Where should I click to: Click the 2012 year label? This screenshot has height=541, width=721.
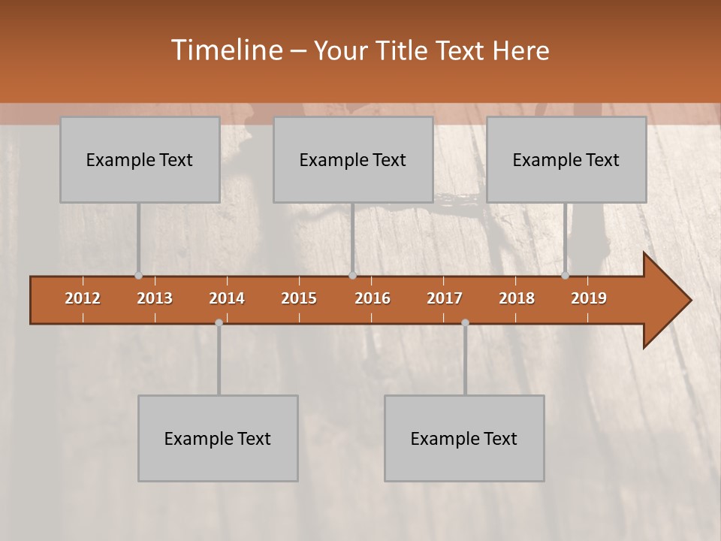(83, 298)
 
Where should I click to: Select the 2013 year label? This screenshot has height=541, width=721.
(155, 298)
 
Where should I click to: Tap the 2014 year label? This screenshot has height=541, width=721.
(227, 298)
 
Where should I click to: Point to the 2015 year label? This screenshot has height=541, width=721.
(299, 298)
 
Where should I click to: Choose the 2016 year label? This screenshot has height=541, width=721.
(373, 298)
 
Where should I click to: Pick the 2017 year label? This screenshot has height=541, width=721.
(445, 298)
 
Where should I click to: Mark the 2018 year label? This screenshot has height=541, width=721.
(517, 298)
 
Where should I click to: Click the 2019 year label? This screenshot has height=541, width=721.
(589, 298)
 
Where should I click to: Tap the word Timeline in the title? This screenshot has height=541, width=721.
(225, 50)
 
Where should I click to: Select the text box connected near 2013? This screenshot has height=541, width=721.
(140, 159)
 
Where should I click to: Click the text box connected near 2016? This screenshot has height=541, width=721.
(353, 159)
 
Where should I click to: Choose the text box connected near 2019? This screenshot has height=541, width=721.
(566, 159)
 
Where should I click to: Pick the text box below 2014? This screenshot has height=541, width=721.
(218, 438)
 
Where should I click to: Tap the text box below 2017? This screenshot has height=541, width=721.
(464, 438)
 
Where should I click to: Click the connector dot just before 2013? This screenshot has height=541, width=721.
(138, 276)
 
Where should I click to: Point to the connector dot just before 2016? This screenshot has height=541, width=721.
(352, 276)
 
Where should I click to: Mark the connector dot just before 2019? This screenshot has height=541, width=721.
(566, 276)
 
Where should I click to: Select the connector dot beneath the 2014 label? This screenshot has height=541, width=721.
(219, 322)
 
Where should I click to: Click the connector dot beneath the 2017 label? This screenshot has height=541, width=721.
(465, 322)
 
